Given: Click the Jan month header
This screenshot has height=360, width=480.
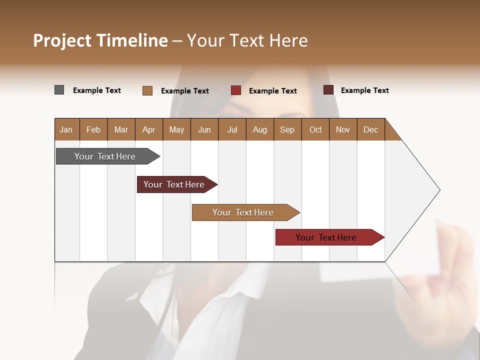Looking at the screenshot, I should (x=66, y=129).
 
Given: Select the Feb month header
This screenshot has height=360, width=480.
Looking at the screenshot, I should (x=93, y=129).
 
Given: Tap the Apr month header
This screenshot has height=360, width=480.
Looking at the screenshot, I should (x=148, y=129).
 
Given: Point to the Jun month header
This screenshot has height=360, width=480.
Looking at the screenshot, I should (x=204, y=129).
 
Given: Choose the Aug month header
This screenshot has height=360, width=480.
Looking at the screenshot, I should (x=259, y=129).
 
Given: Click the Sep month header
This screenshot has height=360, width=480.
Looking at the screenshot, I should (x=287, y=129).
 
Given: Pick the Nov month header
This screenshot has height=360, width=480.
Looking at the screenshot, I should (x=342, y=129).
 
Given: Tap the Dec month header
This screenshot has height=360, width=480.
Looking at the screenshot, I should (x=370, y=129).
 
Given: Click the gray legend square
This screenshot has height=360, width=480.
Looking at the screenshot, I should (x=59, y=90).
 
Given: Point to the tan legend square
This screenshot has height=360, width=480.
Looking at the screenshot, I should (x=147, y=90).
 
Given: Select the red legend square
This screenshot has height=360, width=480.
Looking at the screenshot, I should (x=236, y=90).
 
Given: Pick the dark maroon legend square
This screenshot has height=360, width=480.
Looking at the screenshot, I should (x=328, y=90).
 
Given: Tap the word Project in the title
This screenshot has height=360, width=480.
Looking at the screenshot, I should (x=62, y=40).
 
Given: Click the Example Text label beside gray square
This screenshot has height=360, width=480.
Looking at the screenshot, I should (x=97, y=90).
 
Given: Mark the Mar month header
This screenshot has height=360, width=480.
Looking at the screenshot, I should (x=121, y=129).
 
